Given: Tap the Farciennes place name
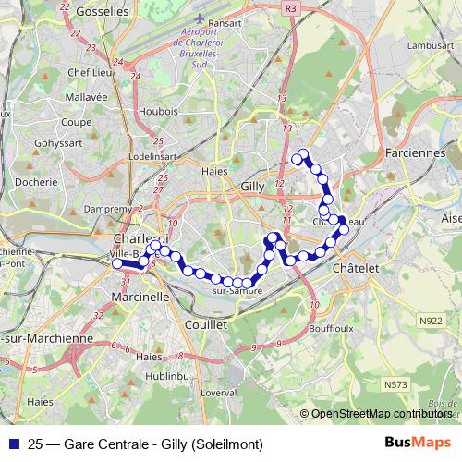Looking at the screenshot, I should tap(414, 152).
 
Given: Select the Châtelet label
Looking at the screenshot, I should tap(355, 267).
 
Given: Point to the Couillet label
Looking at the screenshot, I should tap(205, 325).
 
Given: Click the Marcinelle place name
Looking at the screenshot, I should tap(140, 298).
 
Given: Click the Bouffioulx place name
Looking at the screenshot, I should tap(335, 328).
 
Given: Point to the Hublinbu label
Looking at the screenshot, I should tap(168, 376).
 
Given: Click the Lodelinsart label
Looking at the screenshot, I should tap(152, 157).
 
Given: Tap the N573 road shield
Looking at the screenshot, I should tap(396, 381).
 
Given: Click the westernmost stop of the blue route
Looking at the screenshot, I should tap(117, 264).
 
